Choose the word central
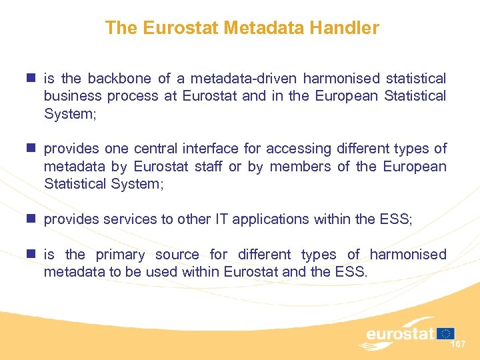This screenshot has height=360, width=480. click(x=157, y=149)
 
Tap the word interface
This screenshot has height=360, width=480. click(x=214, y=149)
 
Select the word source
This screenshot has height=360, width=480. click(x=177, y=255)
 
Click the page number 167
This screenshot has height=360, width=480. click(x=458, y=344)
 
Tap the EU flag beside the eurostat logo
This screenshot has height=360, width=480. click(x=446, y=333)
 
